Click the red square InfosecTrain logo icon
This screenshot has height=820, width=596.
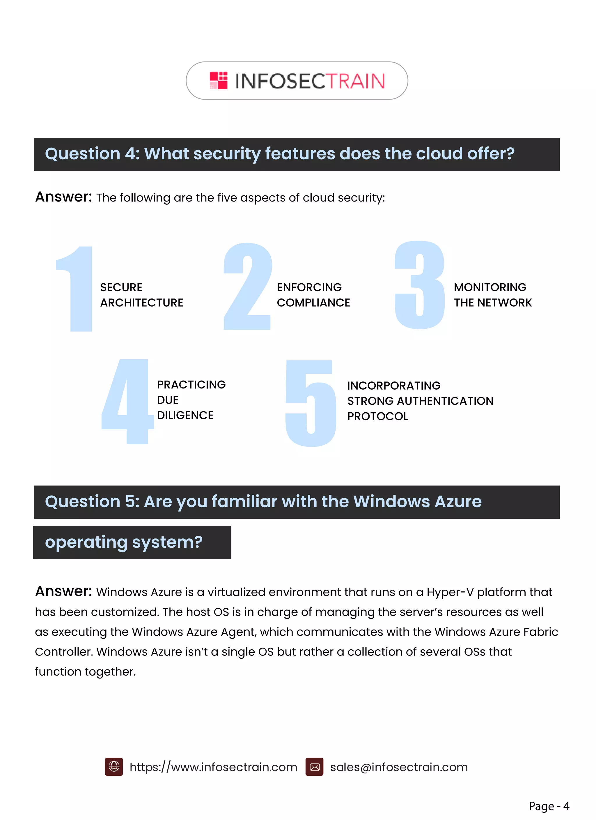218,80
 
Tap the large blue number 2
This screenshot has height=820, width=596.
248,286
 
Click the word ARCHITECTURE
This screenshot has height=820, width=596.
142,303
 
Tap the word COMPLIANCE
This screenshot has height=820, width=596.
313,303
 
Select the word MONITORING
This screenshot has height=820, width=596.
490,287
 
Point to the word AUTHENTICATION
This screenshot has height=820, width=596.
445,401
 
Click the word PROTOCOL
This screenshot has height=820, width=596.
378,416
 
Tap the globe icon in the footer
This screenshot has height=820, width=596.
114,767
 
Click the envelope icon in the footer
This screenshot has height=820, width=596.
315,767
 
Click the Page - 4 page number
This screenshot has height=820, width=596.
549,806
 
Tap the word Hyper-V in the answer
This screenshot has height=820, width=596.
450,592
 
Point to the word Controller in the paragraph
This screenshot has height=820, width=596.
64,652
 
